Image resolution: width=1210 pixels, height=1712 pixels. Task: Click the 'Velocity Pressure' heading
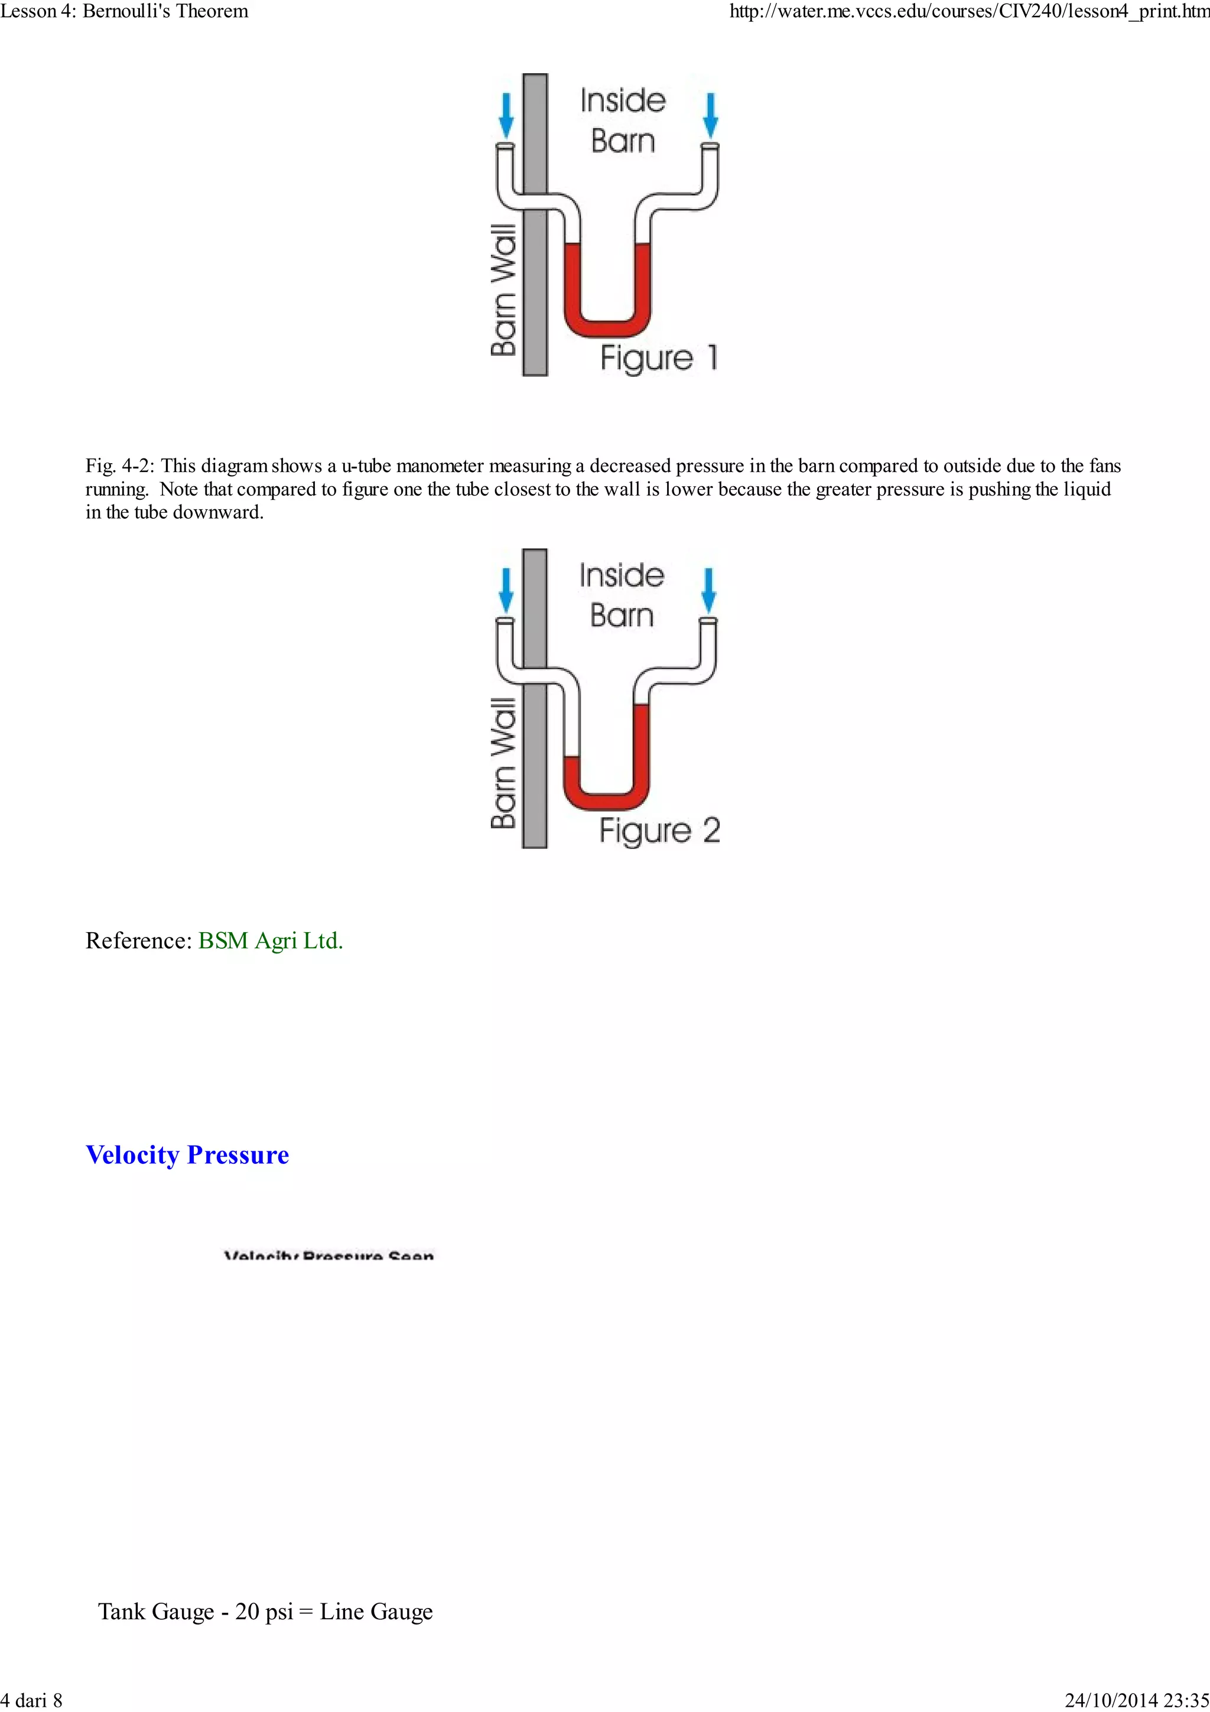click(187, 1154)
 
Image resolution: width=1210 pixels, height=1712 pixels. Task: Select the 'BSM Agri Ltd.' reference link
click(270, 940)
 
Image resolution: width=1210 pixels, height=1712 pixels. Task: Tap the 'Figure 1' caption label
click(659, 358)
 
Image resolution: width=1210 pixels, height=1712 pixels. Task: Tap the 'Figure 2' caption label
click(659, 831)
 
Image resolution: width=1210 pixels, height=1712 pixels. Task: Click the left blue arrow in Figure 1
click(506, 115)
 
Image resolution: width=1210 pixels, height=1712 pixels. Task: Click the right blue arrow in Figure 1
click(711, 115)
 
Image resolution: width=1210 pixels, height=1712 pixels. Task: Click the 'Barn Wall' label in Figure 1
click(504, 289)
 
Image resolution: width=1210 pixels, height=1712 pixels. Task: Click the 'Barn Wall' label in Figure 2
click(504, 763)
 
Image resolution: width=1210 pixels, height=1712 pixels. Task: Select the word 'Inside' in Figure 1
click(623, 100)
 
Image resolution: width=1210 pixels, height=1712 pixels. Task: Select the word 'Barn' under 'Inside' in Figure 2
click(621, 616)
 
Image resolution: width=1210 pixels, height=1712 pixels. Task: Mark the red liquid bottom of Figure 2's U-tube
click(606, 801)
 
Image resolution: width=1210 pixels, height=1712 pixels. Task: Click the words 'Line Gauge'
click(376, 1612)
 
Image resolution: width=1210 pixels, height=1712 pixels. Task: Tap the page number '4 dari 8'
click(31, 1700)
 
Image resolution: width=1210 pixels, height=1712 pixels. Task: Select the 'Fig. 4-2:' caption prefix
click(119, 466)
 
